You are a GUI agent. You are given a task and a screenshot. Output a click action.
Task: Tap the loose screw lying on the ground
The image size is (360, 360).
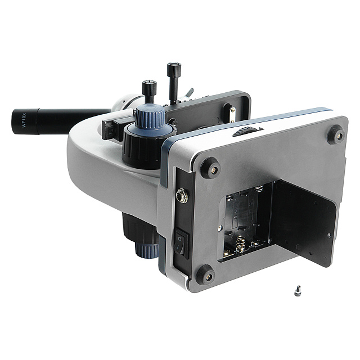(x=298, y=291)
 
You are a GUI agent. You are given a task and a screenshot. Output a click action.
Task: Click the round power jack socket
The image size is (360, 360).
(x=182, y=196)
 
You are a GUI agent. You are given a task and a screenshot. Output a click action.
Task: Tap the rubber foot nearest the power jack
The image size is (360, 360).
(x=210, y=168)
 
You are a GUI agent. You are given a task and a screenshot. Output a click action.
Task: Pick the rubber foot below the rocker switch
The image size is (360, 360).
(x=205, y=275)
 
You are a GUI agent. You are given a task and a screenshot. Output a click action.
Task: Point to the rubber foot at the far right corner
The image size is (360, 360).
(x=336, y=135)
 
